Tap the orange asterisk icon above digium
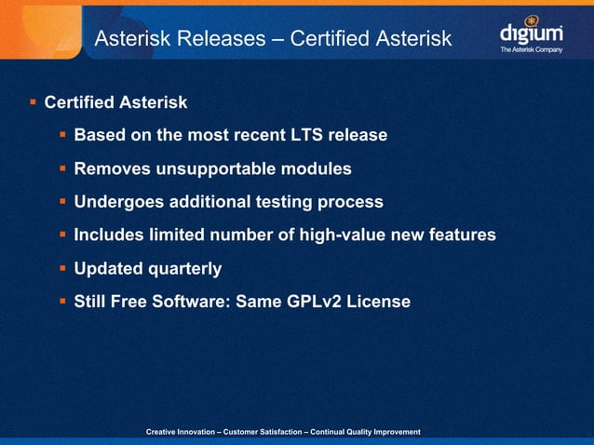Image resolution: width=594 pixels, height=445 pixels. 533,19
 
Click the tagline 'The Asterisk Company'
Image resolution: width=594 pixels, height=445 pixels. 531,49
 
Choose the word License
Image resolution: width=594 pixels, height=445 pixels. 378,302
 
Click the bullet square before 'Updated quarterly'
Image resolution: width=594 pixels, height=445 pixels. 62,268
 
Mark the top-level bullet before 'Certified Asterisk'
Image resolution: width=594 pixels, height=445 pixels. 33,101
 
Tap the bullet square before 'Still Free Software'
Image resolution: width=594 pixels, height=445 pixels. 62,302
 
